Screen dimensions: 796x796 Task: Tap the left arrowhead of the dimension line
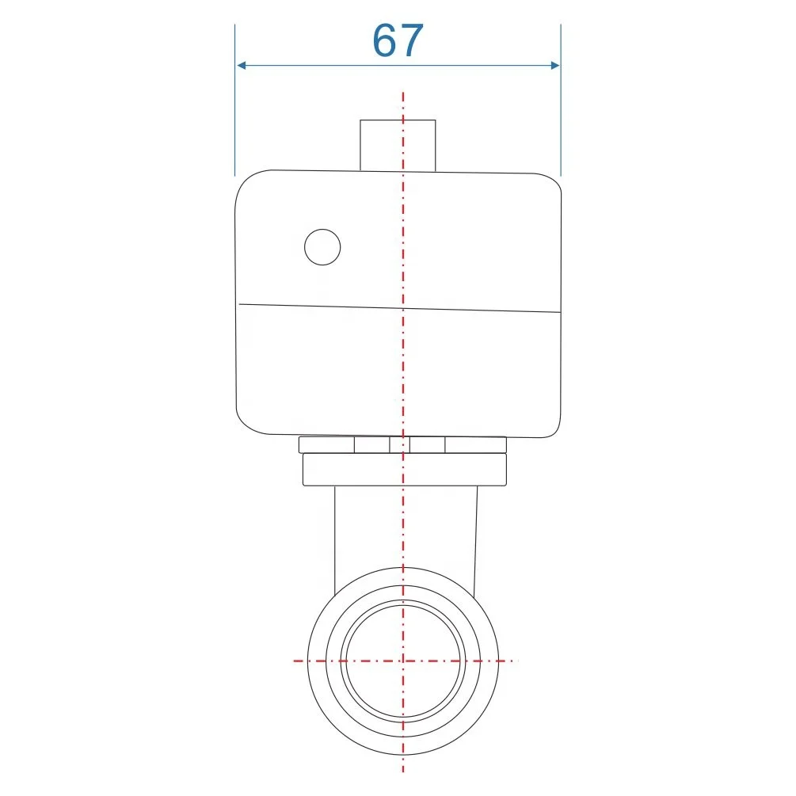[x=242, y=65]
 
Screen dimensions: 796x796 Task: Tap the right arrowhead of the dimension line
[x=554, y=65]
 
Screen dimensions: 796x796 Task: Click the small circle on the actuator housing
[x=322, y=247]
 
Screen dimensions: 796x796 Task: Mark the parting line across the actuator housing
[x=475, y=309]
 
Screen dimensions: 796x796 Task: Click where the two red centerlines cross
[x=403, y=660]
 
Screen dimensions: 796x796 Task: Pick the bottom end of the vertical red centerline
[x=403, y=771]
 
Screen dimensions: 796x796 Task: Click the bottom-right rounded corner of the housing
[x=554, y=427]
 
